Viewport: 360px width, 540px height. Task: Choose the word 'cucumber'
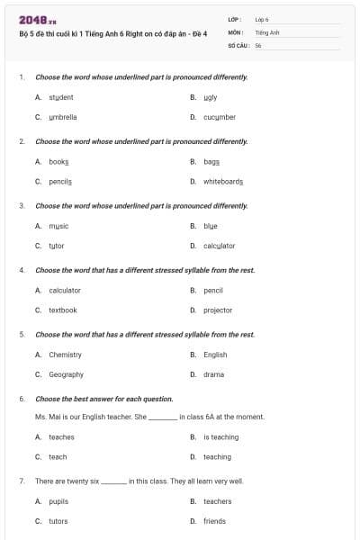pos(220,117)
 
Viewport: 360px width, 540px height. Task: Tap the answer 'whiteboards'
pos(223,181)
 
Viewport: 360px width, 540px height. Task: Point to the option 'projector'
pos(218,310)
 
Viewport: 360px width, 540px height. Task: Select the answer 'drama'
pos(214,374)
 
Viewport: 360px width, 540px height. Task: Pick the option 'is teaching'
pos(220,437)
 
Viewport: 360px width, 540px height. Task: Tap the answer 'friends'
pos(214,521)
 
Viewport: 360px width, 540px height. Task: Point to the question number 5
pos(22,335)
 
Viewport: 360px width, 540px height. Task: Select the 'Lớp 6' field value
pos(262,19)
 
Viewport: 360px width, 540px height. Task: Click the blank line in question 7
pos(114,482)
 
